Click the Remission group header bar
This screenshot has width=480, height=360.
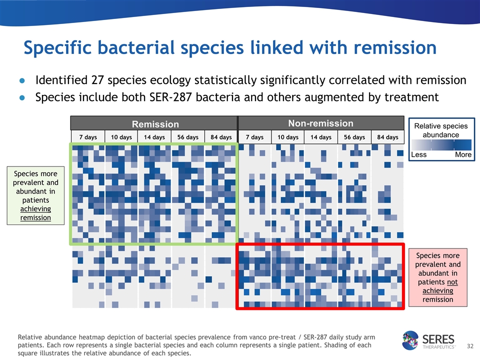pyautogui.click(x=154, y=123)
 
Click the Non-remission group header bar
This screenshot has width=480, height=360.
pyautogui.click(x=320, y=123)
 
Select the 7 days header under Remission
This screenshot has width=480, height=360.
pyautogui.click(x=87, y=137)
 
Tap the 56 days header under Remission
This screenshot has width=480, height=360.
pyautogui.click(x=187, y=137)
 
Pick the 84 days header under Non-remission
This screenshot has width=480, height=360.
pyautogui.click(x=387, y=137)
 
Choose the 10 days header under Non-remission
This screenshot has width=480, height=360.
pyautogui.click(x=287, y=137)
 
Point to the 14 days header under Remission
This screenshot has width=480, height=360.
pyautogui.click(x=154, y=137)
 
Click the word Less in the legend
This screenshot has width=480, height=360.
pyautogui.click(x=418, y=154)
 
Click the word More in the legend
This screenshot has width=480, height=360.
pyautogui.click(x=463, y=154)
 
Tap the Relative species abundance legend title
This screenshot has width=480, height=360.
pyautogui.click(x=441, y=130)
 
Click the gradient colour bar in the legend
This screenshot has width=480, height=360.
pyautogui.click(x=441, y=144)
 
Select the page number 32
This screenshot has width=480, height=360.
pyautogui.click(x=469, y=346)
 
